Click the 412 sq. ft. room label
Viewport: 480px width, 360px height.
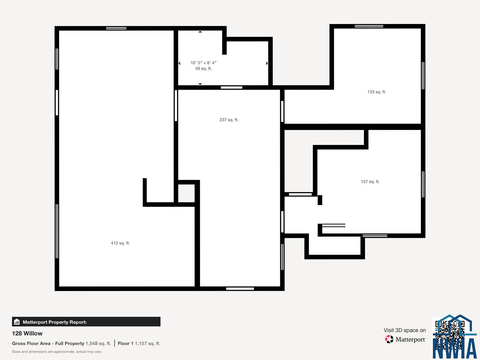coord(120,243)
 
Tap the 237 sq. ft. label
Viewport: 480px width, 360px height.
coord(229,120)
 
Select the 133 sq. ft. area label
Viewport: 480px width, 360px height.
coord(377,92)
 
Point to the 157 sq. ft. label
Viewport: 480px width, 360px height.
coord(370,181)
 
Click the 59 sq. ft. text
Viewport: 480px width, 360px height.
coord(204,69)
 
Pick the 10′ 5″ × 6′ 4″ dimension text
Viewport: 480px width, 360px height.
coord(204,63)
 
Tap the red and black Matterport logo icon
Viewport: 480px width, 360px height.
coord(389,339)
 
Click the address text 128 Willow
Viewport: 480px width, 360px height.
coord(27,333)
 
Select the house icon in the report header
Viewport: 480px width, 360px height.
coord(17,322)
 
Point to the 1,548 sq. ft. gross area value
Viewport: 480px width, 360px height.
coord(98,343)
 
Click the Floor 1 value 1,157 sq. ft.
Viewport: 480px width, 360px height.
coord(148,343)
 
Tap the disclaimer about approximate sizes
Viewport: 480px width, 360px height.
coord(57,352)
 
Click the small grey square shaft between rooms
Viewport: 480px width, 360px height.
coord(186,193)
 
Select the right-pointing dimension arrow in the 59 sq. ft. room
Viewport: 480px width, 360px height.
coord(267,63)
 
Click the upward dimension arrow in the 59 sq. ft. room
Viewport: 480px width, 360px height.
coord(200,32)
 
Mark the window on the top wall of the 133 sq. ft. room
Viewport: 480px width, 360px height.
coord(369,26)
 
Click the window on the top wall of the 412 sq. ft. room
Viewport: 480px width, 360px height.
coord(116,28)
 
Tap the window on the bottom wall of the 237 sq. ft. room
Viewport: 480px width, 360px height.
coord(240,289)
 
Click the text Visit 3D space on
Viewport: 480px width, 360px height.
coord(405,330)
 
